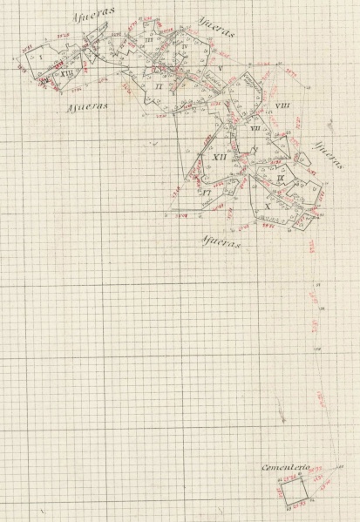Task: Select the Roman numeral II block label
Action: [x=159, y=86]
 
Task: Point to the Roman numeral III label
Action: [x=150, y=40]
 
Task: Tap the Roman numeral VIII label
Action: [x=282, y=105]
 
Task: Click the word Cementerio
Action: [x=287, y=469]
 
